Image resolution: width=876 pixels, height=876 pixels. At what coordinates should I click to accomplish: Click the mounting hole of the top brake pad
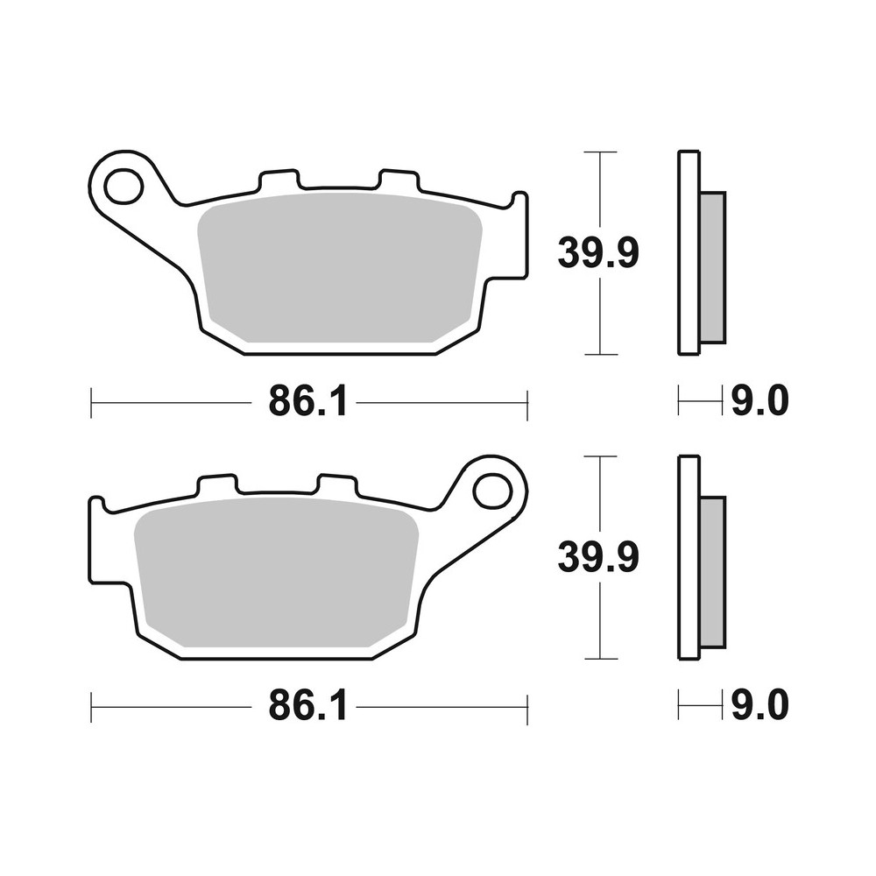[123, 186]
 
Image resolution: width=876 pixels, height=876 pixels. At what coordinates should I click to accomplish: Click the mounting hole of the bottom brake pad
[491, 491]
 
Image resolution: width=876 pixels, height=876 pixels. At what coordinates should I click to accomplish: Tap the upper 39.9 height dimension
[598, 253]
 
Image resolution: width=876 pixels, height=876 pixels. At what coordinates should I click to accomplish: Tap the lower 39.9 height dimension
[598, 557]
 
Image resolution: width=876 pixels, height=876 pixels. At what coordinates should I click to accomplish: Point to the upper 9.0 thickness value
[759, 402]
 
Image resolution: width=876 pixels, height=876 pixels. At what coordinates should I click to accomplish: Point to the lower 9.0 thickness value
[759, 705]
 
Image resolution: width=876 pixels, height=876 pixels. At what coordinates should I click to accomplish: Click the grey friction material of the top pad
[340, 267]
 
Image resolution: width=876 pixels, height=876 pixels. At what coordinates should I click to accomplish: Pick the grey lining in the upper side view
[713, 267]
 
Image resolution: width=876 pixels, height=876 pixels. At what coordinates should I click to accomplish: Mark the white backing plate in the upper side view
[689, 253]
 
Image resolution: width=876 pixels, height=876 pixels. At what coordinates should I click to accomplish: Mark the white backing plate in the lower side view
[689, 557]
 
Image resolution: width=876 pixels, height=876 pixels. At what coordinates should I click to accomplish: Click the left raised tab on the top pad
[279, 180]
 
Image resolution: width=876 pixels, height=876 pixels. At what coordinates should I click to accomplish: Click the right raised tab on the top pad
[398, 180]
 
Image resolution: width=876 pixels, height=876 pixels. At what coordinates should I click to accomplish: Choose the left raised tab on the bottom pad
[217, 484]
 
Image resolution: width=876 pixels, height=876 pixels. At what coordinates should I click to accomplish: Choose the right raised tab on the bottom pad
[336, 484]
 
